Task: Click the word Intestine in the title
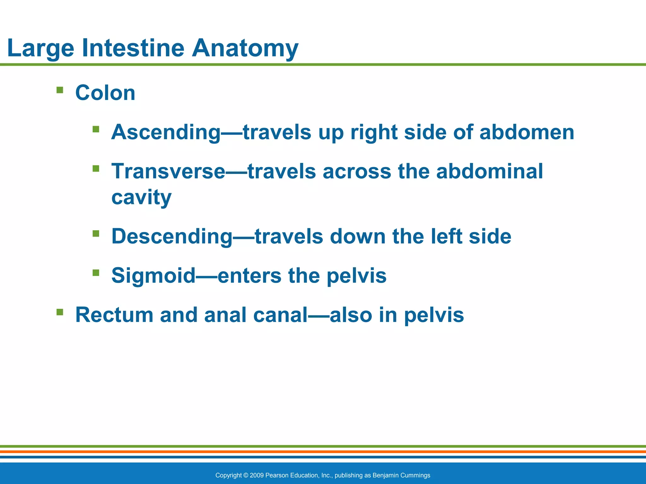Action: tap(133, 48)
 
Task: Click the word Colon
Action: tap(105, 93)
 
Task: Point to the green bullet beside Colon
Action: tap(60, 90)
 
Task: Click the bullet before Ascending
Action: tap(96, 129)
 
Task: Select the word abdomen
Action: tap(527, 132)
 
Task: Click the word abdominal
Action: tap(490, 171)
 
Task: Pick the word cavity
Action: tap(141, 198)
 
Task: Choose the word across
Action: tap(357, 172)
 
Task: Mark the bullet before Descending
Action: tap(96, 233)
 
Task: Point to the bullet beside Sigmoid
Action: tap(96, 273)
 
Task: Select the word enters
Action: tap(250, 276)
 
